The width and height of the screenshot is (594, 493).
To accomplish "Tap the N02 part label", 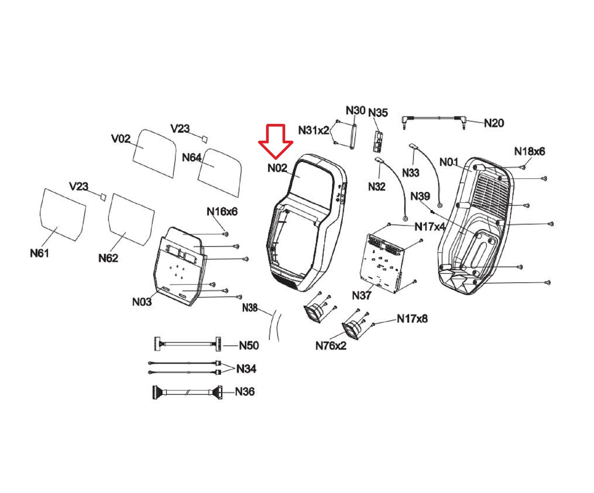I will point(277,168).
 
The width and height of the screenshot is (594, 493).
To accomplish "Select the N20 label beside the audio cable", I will point(494,123).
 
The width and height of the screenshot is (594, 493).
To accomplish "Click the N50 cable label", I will point(249,345).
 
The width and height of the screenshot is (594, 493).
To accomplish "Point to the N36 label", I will point(245,391).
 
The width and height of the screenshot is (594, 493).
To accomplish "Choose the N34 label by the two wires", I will point(246,369).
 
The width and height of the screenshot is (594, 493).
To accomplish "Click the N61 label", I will point(39,253).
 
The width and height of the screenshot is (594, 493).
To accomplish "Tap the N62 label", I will point(108,258).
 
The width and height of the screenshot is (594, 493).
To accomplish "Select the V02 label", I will point(121,139).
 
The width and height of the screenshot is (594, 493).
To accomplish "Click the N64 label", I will point(191,158).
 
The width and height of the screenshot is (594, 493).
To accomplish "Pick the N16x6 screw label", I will point(222,211).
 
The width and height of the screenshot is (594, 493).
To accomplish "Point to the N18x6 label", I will point(530,152).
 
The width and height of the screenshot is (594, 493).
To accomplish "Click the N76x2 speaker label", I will point(331,346).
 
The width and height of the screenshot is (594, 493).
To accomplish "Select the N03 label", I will point(142,302).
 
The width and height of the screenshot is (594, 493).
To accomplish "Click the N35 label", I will point(378,113).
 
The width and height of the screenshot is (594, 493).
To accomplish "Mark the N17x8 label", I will point(412,319).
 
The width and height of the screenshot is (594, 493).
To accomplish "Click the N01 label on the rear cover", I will point(449,162).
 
